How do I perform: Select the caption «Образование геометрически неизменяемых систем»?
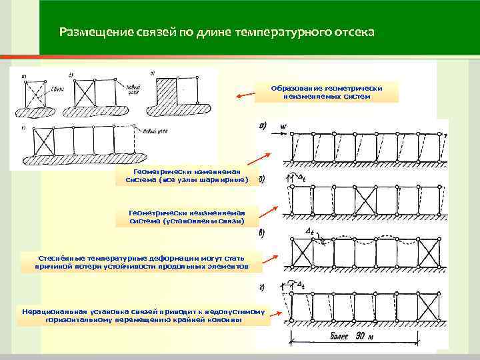[326, 92]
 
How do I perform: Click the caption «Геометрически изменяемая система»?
[190, 175]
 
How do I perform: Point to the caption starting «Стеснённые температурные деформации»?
[143, 261]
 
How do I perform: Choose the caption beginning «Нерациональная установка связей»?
[144, 315]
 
